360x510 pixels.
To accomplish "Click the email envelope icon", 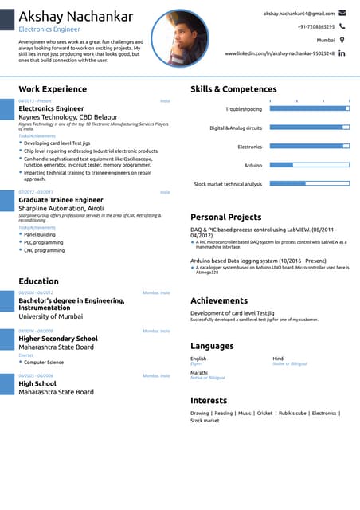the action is (342, 14).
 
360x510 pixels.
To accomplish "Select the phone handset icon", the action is (342, 26).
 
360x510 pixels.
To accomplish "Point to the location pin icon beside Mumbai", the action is (342, 39).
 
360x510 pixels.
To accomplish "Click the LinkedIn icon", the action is (342, 53).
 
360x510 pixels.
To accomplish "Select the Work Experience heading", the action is (53, 89).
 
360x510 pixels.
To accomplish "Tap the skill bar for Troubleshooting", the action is (309, 108).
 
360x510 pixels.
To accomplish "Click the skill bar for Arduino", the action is (309, 165).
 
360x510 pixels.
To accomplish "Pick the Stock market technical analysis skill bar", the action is (309, 183).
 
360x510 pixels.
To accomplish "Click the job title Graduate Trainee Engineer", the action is (61, 200).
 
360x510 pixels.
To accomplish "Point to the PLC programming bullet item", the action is (44, 242).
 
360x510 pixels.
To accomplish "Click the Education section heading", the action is (38, 281).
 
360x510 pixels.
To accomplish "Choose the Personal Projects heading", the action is (225, 217).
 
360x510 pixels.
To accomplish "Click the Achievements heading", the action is (219, 300).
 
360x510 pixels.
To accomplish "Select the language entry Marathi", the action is (199, 373).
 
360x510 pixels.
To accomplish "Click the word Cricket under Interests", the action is (264, 414).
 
